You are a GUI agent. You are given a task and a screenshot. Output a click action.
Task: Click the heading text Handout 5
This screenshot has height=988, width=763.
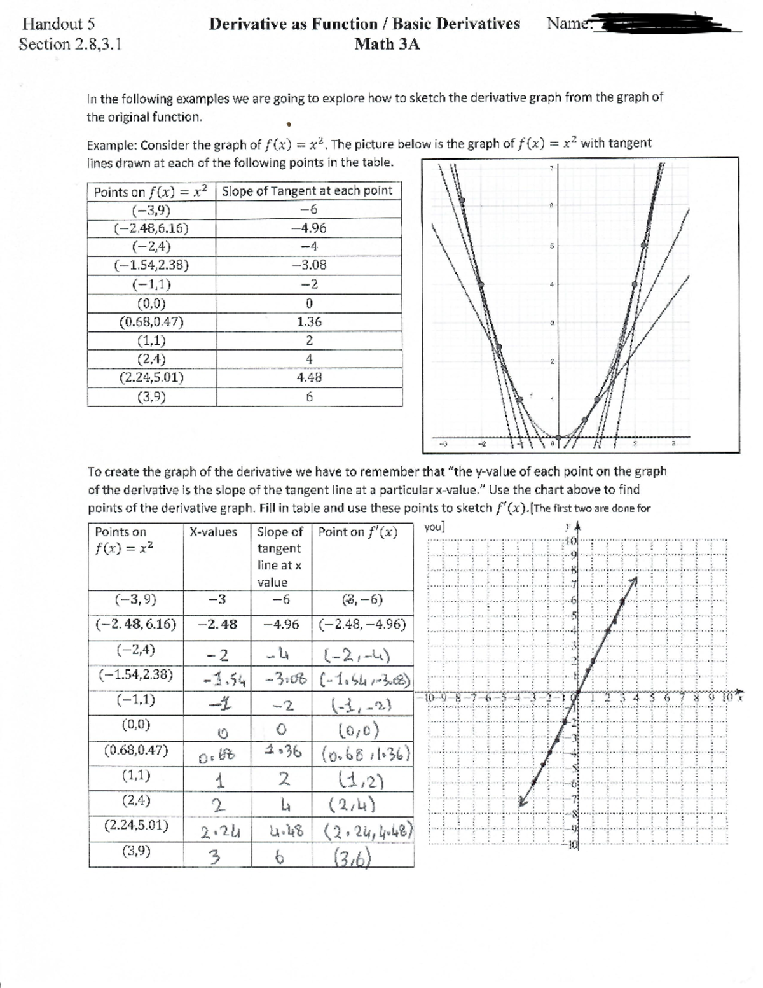[x=58, y=24]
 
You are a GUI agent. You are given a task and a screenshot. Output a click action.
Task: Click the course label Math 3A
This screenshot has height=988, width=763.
[x=387, y=44]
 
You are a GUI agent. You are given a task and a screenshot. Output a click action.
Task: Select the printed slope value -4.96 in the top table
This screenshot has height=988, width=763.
[x=308, y=228]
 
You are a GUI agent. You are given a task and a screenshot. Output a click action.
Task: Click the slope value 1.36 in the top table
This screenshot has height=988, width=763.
[x=309, y=322]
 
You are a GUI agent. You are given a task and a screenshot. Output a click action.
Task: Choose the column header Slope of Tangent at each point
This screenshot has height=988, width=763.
[x=308, y=191]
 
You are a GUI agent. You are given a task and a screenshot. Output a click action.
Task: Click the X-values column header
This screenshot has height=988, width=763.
[x=214, y=532]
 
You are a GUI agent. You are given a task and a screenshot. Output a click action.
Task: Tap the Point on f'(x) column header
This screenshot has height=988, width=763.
[x=358, y=532]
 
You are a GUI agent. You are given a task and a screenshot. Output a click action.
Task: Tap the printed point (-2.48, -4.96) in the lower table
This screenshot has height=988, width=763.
[x=362, y=624]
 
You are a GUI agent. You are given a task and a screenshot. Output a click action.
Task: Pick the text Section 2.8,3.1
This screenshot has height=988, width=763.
[x=70, y=45]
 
